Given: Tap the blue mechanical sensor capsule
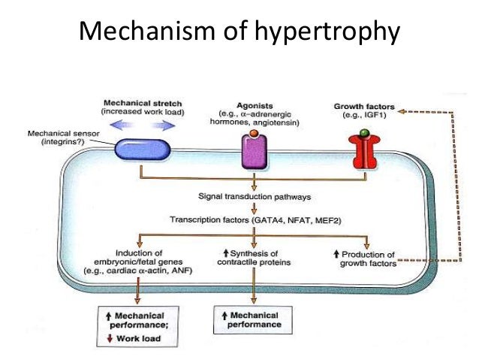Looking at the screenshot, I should click(143, 150).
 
